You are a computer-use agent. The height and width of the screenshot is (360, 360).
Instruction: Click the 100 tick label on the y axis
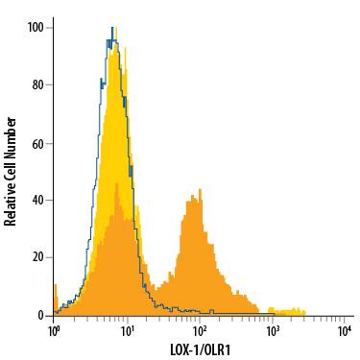36,27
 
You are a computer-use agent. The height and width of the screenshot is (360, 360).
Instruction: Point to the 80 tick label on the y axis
38,84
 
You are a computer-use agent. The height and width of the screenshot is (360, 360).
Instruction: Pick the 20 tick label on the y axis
38,257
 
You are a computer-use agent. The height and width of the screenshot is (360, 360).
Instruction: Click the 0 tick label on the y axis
41,315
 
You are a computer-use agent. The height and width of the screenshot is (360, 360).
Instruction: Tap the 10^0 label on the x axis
54,331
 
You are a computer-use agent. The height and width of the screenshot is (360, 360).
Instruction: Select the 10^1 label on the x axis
127,331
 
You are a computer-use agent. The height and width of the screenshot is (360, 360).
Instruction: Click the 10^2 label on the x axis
200,331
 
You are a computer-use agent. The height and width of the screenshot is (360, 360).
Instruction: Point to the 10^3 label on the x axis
273,331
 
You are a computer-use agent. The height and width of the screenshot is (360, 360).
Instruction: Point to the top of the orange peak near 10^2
193,196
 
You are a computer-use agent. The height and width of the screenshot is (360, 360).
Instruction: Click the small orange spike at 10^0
55,288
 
